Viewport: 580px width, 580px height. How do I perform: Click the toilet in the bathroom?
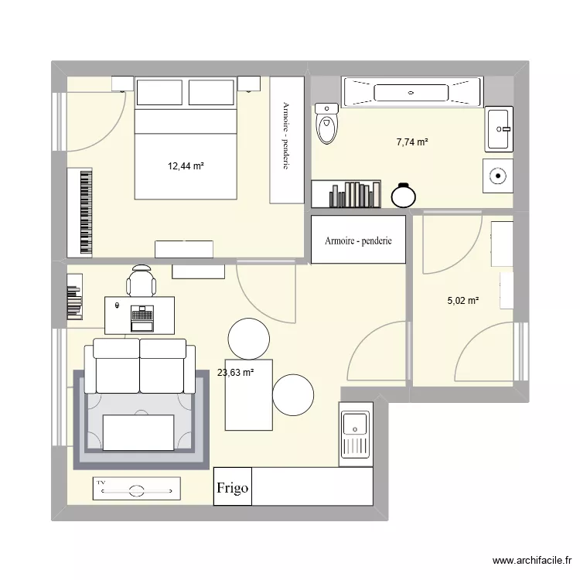[x=328, y=125]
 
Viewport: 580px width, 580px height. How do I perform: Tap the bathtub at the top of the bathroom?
[x=411, y=92]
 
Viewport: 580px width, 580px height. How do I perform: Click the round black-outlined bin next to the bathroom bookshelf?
[x=403, y=196]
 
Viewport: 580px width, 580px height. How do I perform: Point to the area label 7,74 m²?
[x=412, y=142]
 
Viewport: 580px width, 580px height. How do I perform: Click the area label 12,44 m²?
[x=186, y=165]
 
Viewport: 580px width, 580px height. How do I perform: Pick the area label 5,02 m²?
[x=462, y=301]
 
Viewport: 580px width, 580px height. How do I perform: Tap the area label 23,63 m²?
[x=236, y=373]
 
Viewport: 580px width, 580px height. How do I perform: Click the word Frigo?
[x=233, y=488]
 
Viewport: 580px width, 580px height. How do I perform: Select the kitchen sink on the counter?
[x=355, y=425]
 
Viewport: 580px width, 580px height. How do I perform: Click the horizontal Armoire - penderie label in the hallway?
[x=358, y=241]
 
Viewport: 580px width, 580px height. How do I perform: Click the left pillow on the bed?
[x=160, y=92]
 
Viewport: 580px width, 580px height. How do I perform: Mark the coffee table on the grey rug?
[x=138, y=432]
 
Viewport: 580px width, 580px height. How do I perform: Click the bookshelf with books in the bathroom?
[x=346, y=194]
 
